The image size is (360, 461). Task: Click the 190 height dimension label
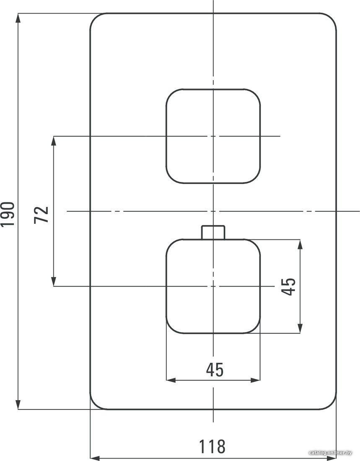tap(8, 214)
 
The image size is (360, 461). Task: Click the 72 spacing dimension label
tap(41, 215)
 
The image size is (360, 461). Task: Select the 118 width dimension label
tap(212, 446)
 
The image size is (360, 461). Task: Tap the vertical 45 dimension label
tap(288, 286)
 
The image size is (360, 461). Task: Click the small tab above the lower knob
tap(213, 232)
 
